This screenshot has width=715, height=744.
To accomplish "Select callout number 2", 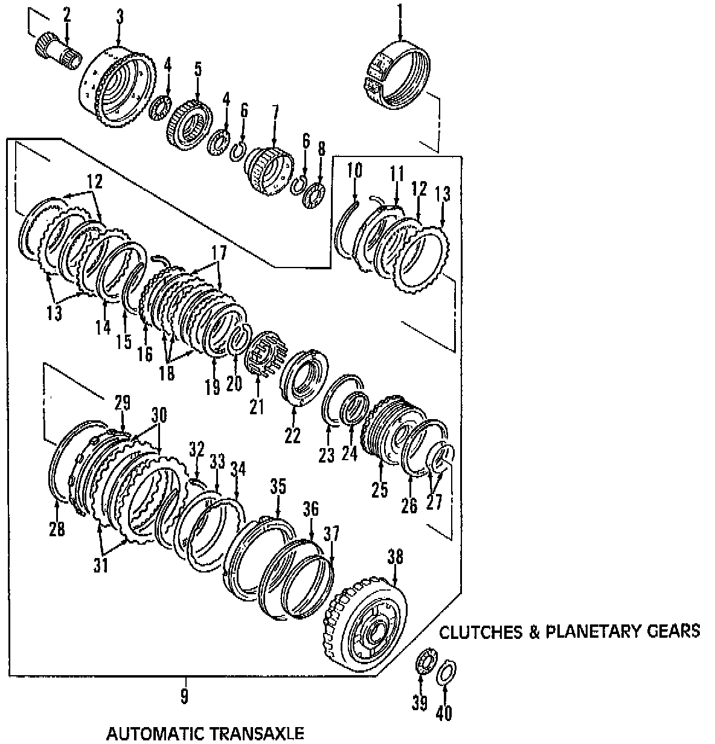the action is [66, 15].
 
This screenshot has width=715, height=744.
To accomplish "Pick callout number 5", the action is [197, 69].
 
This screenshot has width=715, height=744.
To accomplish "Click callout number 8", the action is [321, 149].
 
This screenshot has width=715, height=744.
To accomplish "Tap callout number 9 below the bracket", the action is [184, 697].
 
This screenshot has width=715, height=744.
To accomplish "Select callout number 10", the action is [354, 170].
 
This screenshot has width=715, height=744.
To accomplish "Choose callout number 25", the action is [379, 489].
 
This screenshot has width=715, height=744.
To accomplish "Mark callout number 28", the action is [57, 530].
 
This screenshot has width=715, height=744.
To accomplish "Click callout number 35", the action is [278, 487].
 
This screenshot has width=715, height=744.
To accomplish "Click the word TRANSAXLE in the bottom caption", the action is [256, 734].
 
